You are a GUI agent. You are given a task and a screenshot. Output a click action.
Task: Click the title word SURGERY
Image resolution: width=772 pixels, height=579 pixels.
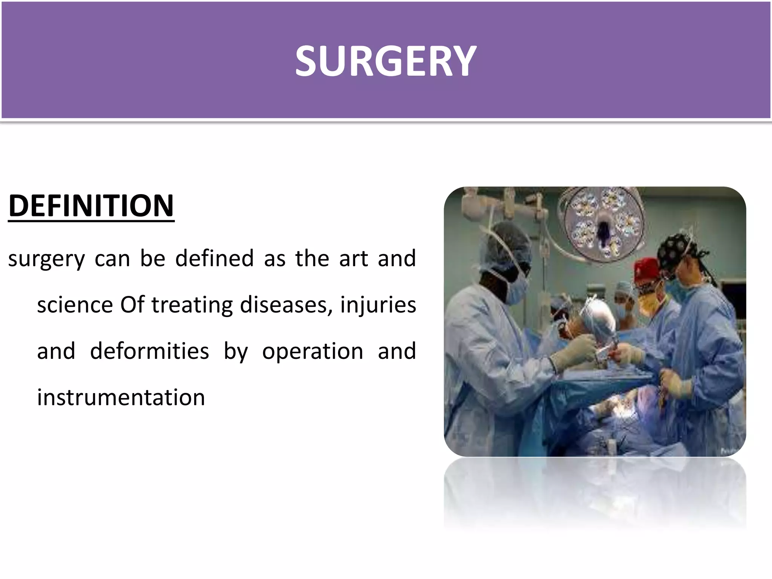[x=386, y=61]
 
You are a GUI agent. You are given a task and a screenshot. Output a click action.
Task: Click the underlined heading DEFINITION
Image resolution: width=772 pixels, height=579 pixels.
[x=91, y=206]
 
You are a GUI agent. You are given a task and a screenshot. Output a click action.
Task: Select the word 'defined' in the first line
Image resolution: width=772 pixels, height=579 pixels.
[x=214, y=259]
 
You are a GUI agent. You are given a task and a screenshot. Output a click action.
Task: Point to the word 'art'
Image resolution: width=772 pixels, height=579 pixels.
[x=353, y=259]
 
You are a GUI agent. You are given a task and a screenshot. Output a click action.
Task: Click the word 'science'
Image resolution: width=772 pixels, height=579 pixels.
[x=75, y=305]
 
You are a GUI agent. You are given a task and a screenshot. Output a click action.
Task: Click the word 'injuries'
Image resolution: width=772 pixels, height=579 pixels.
[x=378, y=306]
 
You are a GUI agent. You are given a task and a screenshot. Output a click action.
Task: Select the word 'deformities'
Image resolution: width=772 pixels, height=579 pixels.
[x=149, y=351]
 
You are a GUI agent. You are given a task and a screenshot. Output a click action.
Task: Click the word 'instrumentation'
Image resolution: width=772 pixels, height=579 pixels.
[x=121, y=398]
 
